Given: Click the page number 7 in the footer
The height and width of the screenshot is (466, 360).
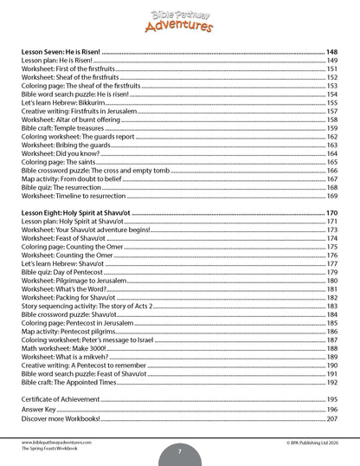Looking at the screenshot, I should (x=179, y=452).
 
